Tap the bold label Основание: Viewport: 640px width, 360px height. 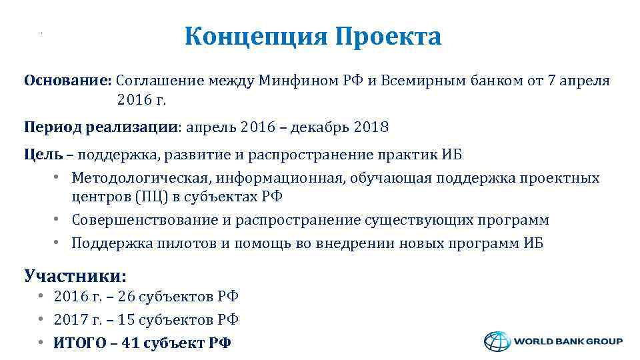tap(67, 81)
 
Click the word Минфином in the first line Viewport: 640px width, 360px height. tap(287, 81)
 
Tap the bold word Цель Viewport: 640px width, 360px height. tap(43, 155)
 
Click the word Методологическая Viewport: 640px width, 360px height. tap(138, 178)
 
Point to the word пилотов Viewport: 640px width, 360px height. tap(187, 243)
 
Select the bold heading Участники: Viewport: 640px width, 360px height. tap(75, 275)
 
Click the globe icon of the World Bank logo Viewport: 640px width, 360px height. tap(496, 341)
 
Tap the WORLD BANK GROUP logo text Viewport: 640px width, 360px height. tap(568, 341)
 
